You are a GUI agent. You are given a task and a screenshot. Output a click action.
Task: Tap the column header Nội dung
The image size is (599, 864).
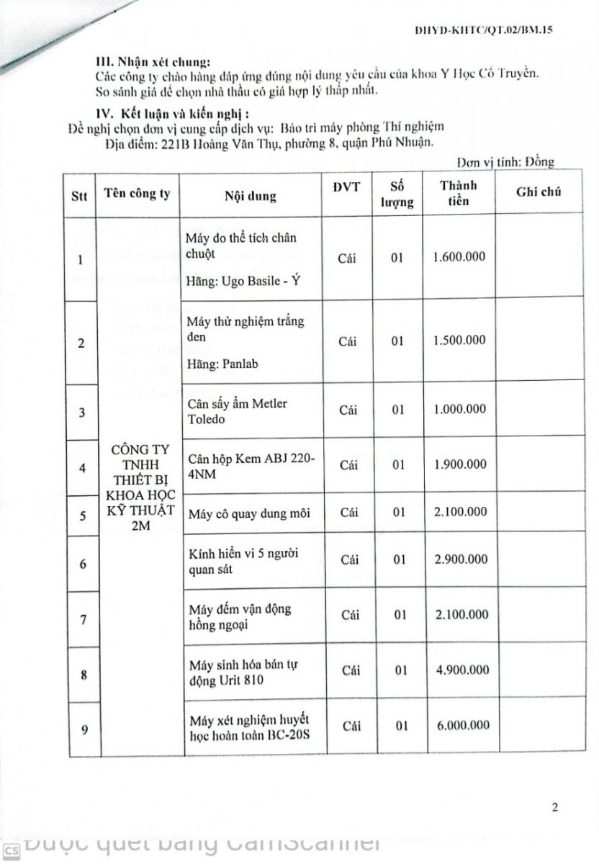click(x=250, y=196)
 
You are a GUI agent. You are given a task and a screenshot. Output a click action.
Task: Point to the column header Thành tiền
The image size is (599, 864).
click(x=458, y=193)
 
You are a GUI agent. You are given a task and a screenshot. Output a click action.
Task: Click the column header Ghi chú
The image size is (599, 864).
click(x=539, y=192)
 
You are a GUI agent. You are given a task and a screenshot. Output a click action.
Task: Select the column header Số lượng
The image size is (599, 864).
click(x=397, y=193)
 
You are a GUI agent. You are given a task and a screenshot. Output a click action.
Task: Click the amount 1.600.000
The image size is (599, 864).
click(x=461, y=256)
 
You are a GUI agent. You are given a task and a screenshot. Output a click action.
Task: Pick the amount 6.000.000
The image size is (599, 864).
click(x=463, y=725)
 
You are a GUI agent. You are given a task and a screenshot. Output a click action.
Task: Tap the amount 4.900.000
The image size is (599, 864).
click(x=462, y=670)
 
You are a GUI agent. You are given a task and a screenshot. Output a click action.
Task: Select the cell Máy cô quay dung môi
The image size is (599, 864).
click(x=248, y=513)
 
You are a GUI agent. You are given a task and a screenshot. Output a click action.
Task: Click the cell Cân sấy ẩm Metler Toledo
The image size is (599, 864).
click(x=237, y=410)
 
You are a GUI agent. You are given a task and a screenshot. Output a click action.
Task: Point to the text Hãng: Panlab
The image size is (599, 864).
click(x=222, y=364)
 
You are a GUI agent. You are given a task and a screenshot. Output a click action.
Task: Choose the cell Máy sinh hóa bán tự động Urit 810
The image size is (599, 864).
click(x=242, y=671)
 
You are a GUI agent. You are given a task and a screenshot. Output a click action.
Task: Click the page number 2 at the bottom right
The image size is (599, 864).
click(x=555, y=807)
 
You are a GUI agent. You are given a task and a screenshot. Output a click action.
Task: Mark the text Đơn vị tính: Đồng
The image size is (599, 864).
click(x=505, y=163)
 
